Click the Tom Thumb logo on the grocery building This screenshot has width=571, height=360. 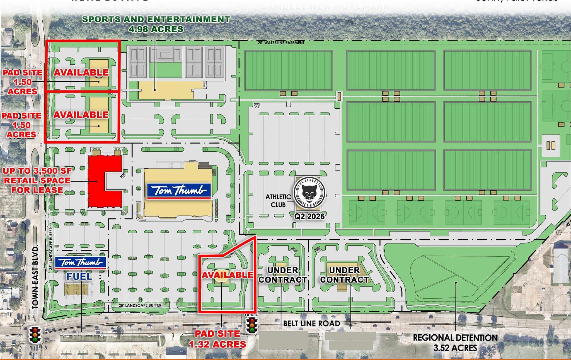tap(179, 191)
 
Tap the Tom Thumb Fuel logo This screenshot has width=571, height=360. tap(81, 262)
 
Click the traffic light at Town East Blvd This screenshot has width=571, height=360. tap(35, 334)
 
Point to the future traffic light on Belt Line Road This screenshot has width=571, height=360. tap(252, 325)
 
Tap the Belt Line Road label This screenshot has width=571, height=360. tap(311, 323)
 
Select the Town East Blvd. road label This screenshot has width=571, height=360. tap(35, 277)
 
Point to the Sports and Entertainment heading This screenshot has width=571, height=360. tap(156, 19)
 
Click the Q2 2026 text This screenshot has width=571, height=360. tap(309, 216)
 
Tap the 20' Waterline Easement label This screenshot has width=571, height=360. tap(281, 43)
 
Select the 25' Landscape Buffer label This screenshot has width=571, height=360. tap(140, 305)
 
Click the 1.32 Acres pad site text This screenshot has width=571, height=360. tap(217, 344)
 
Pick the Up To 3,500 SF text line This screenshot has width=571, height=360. tap(37, 171)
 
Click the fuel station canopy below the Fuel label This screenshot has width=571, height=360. tap(76, 290)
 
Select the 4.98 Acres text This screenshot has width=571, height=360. tap(156, 29)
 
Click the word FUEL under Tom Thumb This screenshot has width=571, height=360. tap(79, 276)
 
